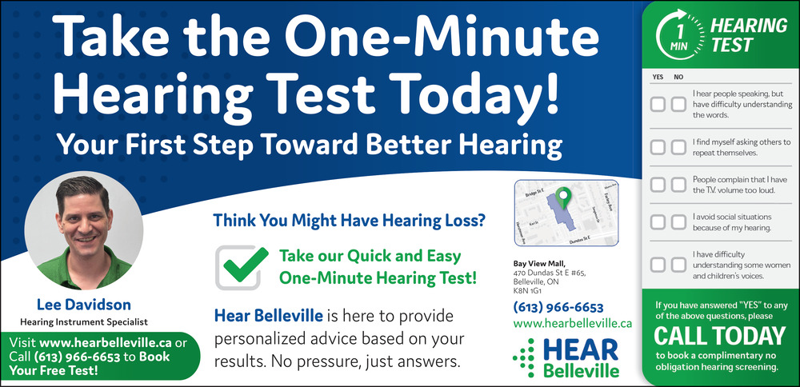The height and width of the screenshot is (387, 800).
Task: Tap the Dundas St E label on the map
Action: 579,239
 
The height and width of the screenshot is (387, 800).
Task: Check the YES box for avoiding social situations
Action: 657,221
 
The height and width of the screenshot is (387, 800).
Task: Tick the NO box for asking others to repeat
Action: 678,147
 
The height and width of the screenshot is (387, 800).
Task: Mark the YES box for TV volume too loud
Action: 657,185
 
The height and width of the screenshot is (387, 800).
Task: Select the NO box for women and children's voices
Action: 678,265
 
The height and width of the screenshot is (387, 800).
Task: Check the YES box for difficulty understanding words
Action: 657,105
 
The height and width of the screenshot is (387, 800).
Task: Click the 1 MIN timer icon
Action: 679,33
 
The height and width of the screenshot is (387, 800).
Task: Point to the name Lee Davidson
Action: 84,305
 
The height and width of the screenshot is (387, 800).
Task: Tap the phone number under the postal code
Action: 558,308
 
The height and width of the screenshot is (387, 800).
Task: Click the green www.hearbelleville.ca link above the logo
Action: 573,323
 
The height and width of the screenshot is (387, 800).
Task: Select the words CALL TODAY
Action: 719,337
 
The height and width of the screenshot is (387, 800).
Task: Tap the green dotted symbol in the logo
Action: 524,357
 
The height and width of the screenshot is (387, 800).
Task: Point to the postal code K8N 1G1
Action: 527,291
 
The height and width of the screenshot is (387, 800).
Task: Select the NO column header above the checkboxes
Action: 678,77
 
